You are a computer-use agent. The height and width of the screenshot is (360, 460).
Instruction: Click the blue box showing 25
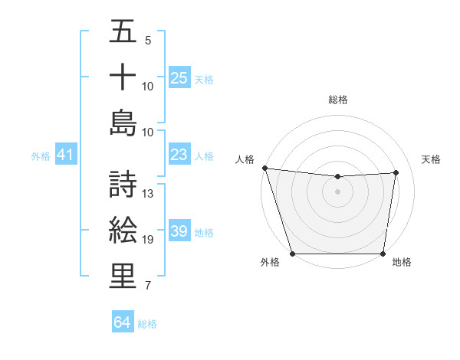pos(179,78)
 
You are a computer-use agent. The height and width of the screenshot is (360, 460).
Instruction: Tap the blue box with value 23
pos(179,155)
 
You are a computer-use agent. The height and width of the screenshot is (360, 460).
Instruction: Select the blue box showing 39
pos(179,232)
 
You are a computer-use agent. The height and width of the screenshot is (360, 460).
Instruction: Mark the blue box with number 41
pos(66,155)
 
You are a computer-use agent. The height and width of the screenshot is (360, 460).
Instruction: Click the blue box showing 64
pos(123,322)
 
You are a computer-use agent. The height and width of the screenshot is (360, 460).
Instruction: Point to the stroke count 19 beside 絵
pos(148,240)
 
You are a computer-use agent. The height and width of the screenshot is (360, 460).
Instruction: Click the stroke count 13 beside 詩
pos(148,194)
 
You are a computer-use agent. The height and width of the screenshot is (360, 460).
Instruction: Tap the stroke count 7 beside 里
pos(147,286)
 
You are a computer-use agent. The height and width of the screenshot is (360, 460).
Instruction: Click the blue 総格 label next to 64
pos(147,324)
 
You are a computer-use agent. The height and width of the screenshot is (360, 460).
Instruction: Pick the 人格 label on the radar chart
pos(245,159)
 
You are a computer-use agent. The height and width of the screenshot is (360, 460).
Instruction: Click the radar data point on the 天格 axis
pos(396,172)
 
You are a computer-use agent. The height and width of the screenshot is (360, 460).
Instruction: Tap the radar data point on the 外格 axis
pos(292,254)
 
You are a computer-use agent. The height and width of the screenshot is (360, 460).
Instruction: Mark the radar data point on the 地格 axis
pos(383,254)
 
